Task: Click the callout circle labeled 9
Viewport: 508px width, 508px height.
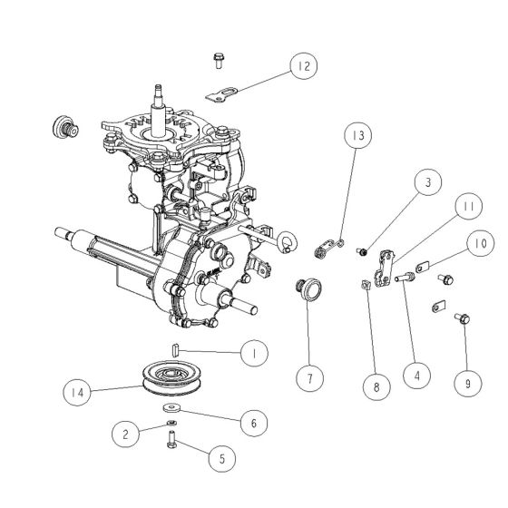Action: click(468, 383)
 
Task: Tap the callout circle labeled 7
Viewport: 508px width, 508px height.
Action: click(310, 376)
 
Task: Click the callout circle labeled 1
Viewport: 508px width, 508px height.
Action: click(255, 350)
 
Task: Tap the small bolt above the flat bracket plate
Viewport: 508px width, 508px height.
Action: click(218, 60)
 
